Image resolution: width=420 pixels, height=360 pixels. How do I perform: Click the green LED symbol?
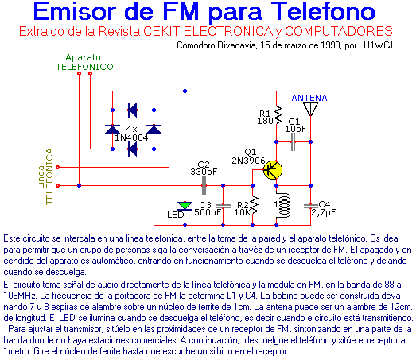pyautogui.click(x=185, y=206)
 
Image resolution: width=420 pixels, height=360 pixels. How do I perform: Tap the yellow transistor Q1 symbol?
pyautogui.click(x=273, y=170)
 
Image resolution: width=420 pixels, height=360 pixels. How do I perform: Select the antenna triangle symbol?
pyautogui.click(x=310, y=109)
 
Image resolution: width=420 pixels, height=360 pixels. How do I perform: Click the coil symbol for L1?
pyautogui.click(x=284, y=206)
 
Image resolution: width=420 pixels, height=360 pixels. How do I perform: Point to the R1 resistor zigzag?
pyautogui.click(x=278, y=115)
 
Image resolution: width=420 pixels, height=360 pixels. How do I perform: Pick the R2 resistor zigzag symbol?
pyautogui.click(x=254, y=206)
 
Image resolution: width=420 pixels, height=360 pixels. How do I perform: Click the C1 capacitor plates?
pyautogui.click(x=293, y=142)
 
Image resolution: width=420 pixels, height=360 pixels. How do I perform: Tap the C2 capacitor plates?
pyautogui.click(x=204, y=185)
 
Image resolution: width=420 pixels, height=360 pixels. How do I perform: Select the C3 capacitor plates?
pyautogui.click(x=223, y=206)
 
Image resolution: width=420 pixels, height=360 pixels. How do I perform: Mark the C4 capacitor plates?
pyautogui.click(x=311, y=206)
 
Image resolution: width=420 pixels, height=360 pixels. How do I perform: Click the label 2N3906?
pyautogui.click(x=248, y=161)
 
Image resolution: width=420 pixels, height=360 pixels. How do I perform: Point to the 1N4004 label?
pyautogui.click(x=131, y=137)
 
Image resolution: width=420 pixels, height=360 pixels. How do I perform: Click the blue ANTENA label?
pyautogui.click(x=309, y=98)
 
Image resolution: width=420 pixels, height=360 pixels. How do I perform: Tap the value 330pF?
pyautogui.click(x=204, y=172)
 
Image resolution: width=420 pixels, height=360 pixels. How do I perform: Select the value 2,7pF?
pyautogui.click(x=323, y=212)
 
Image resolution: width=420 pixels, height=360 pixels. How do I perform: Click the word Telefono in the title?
pyautogui.click(x=323, y=12)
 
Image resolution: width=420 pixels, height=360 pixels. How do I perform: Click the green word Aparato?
pyautogui.click(x=84, y=57)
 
